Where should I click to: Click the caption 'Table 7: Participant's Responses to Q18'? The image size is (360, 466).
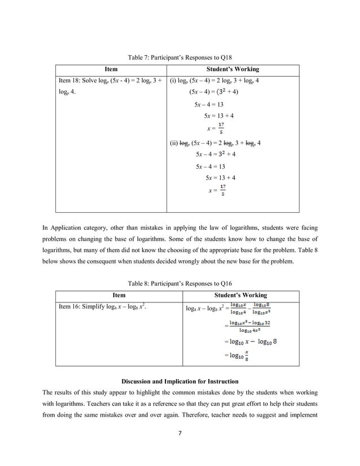point(179,57)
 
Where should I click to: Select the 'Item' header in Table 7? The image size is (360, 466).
point(111,69)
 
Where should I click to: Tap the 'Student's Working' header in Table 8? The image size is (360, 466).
point(241,295)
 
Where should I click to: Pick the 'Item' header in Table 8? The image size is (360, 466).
point(118,295)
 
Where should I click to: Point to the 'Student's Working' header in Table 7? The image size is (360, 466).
point(233,69)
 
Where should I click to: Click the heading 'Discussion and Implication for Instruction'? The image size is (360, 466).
point(179,381)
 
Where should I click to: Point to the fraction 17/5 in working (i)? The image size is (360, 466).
point(221,128)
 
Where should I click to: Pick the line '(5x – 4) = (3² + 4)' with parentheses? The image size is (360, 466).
point(213,92)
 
